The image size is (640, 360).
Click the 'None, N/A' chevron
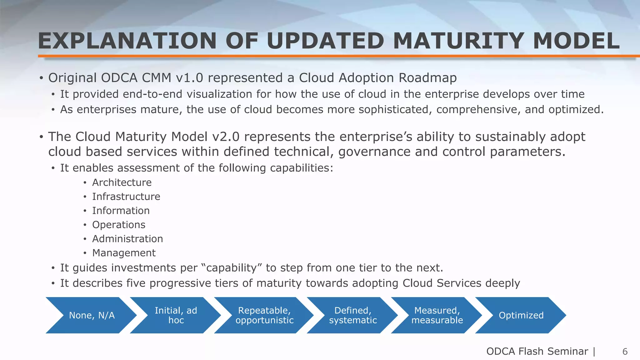point(92,315)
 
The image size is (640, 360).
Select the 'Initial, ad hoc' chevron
point(176,315)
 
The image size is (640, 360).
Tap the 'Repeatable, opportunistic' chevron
point(264,315)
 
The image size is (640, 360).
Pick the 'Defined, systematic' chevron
point(353,315)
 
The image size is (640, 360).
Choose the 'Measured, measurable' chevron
point(437,315)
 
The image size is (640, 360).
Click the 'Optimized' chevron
point(521,315)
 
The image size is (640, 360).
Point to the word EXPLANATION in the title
point(127,41)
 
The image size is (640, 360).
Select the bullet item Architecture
point(122,182)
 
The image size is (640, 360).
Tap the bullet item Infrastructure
point(126,197)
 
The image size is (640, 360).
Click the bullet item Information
point(121,211)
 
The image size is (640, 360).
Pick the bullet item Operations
point(118,225)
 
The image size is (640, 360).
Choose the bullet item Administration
point(127,239)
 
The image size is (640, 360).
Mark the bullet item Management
point(124,253)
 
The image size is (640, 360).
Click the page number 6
point(625,352)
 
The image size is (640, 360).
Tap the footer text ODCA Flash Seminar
point(537,351)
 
